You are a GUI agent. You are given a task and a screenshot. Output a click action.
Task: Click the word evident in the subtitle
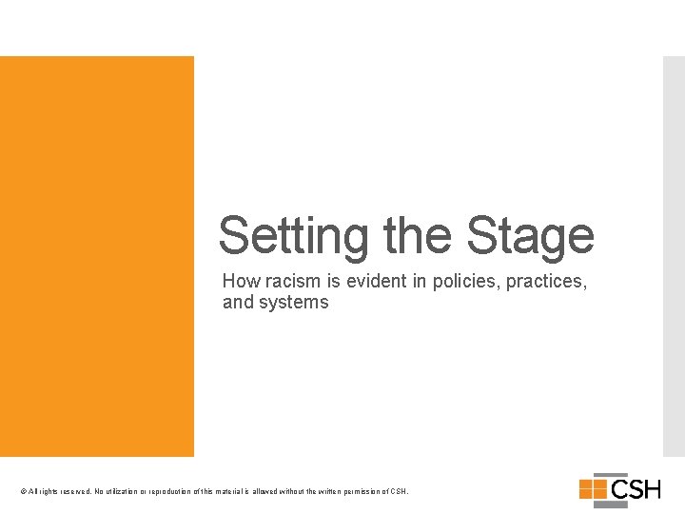(366, 282)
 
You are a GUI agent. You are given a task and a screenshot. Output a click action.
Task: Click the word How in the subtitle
(240, 282)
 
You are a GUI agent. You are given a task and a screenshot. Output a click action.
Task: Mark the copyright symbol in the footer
(23, 491)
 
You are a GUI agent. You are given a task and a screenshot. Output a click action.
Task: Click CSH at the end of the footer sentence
(400, 491)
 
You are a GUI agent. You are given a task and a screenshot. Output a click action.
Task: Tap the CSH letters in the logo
(636, 489)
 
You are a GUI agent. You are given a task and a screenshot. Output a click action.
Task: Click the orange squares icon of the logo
(594, 489)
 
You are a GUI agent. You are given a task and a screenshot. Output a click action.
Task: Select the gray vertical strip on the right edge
(673, 257)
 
